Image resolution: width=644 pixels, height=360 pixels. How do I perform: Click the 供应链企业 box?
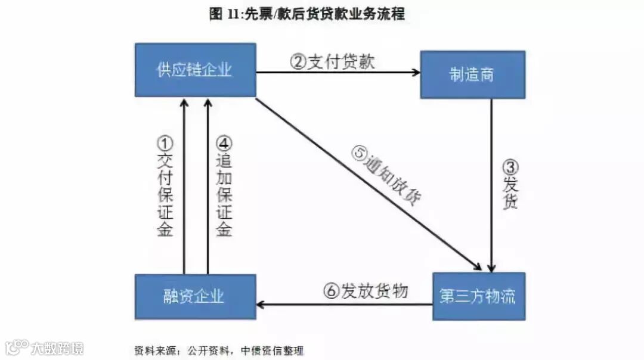point(195,70)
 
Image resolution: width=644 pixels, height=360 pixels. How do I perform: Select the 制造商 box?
point(472,75)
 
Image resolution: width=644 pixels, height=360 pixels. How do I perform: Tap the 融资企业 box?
point(195,296)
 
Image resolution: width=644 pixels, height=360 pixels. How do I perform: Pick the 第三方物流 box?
point(478,296)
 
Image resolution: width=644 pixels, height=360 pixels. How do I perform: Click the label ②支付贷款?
point(332,61)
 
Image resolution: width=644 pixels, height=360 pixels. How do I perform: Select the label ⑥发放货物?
point(366,291)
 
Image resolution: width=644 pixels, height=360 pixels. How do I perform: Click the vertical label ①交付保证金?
point(165,187)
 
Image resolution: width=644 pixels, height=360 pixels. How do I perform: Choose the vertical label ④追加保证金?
point(224,187)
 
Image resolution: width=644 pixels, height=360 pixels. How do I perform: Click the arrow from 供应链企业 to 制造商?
point(338,73)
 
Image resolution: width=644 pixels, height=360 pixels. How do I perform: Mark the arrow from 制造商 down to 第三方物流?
point(492,185)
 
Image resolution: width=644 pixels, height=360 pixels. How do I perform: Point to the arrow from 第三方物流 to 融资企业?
point(344,305)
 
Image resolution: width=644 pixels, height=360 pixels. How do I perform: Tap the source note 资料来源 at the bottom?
point(218,350)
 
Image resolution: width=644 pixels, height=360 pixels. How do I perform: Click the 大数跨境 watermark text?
point(57,347)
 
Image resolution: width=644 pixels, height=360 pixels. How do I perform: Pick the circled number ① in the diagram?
point(165,143)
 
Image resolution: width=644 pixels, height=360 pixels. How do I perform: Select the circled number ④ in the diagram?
point(224,143)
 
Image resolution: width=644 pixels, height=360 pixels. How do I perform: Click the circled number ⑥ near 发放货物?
point(332,291)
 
